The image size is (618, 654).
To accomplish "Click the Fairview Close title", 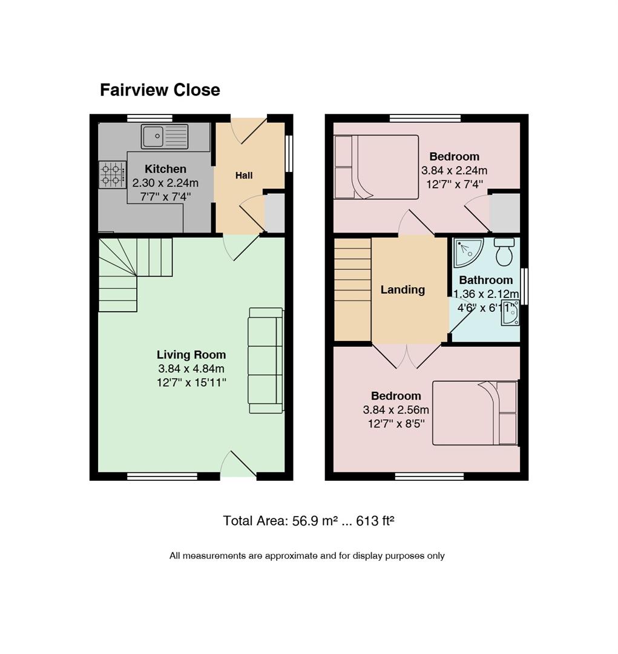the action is (x=160, y=90).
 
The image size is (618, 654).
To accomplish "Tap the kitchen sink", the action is (x=165, y=136).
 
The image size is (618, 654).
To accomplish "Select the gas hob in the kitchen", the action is (x=113, y=175).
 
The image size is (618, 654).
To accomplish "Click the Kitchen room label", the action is (x=166, y=169).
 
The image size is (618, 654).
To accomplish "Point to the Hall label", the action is (x=244, y=176).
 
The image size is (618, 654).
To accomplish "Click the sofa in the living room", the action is (x=266, y=360).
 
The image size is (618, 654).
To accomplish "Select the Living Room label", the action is (x=191, y=354).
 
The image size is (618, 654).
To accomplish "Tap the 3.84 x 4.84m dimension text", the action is (x=191, y=369).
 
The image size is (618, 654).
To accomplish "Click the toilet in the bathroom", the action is (x=505, y=251).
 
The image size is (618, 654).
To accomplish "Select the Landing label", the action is (x=403, y=289).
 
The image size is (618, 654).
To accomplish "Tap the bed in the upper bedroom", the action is (x=376, y=167).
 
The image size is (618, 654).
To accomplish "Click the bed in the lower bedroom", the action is (x=475, y=412).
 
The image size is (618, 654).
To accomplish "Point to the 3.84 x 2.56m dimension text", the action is (x=396, y=410).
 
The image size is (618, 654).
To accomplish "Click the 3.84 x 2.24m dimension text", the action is (x=454, y=171).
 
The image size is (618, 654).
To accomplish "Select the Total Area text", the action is (x=309, y=521).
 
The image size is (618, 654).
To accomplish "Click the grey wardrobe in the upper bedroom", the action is (x=505, y=213).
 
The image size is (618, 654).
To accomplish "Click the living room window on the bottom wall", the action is (x=162, y=477).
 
